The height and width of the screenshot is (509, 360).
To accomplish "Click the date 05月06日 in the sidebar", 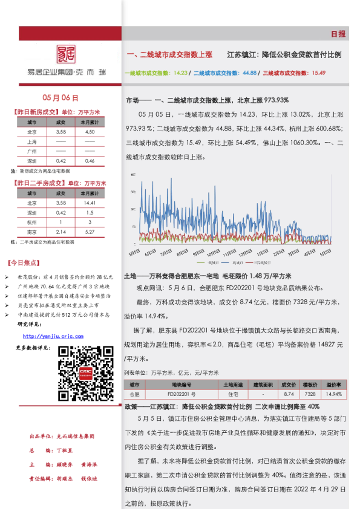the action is coord(61,99).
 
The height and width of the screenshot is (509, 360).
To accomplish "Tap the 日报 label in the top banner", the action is coord(338,34).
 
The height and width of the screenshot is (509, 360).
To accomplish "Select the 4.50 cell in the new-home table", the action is coord(90,132).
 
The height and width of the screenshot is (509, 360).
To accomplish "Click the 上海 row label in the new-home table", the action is coord(32,141).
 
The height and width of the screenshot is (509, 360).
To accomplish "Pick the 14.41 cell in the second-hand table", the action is coord(90,203).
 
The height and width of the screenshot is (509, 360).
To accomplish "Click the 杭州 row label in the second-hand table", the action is coord(32,222).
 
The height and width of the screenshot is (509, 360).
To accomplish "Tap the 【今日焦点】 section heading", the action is coord(24,264).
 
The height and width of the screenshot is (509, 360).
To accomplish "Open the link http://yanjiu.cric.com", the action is coord(53,336).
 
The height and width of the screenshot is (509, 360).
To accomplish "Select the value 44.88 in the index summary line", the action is coord(249,73).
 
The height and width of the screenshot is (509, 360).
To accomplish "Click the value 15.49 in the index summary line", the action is coord(318,73).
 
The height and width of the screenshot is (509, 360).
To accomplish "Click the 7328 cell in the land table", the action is coord(310,394).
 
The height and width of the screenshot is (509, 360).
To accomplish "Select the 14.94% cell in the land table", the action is coord(334,394).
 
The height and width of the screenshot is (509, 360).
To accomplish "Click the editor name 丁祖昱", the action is coord(65,450).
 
